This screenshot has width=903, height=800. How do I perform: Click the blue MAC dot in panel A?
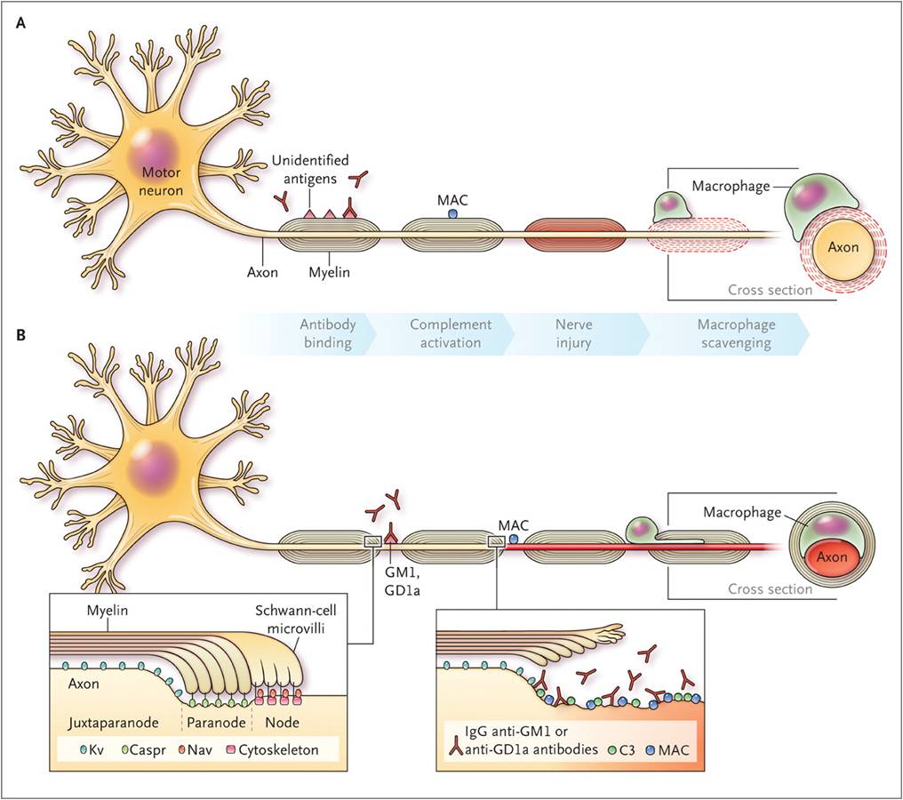452,214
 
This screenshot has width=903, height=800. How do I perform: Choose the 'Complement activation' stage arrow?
450,333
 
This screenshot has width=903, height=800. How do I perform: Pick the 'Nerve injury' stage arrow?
572,333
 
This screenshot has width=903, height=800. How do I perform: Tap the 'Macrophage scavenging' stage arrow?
722,333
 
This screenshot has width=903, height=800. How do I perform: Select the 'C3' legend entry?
626,762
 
